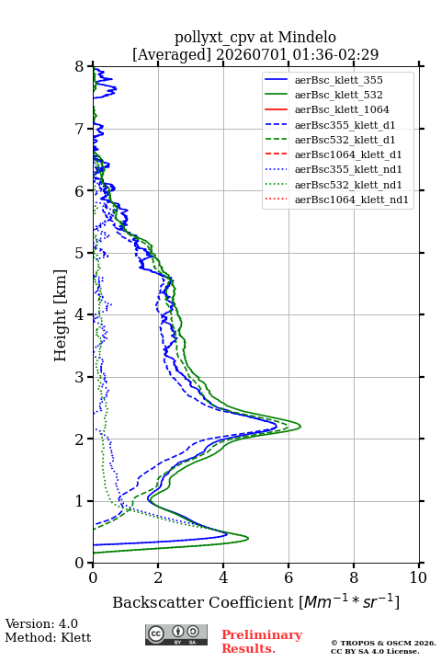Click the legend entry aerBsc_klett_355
(338, 80)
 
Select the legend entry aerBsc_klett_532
(338, 95)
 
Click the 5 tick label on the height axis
(80, 253)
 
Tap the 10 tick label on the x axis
(418, 577)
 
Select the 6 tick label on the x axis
(288, 577)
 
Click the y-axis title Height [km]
(61, 315)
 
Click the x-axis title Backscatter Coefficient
(202, 602)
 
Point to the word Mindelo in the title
(307, 38)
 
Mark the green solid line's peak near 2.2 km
(300, 426)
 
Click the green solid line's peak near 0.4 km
(248, 538)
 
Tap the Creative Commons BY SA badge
(176, 635)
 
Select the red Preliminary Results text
(262, 642)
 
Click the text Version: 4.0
(41, 624)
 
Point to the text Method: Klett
(48, 637)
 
